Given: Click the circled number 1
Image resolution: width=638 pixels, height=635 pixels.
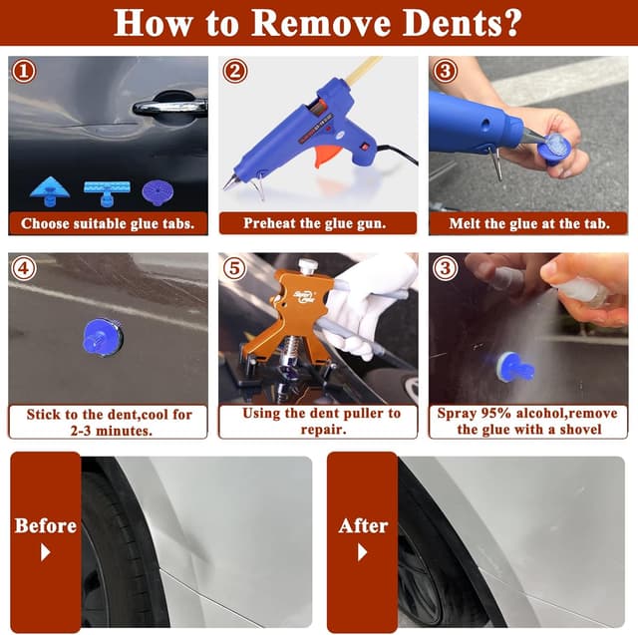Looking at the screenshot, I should point(24,72).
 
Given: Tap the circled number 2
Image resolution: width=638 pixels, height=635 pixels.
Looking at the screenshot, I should point(235,72).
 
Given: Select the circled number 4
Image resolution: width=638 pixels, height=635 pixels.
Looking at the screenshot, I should point(24,268).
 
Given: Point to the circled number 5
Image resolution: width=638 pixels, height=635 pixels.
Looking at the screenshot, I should point(235,268).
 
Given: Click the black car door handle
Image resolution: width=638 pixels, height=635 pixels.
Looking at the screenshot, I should point(168,106).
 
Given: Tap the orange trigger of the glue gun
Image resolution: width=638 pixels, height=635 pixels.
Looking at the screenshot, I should point(324,157).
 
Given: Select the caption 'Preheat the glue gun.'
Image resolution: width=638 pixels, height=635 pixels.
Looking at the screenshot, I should point(318,223).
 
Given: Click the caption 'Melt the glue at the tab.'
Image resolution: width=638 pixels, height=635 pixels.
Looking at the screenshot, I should point(528,223).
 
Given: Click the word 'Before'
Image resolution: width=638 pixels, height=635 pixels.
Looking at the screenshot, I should point(45,525).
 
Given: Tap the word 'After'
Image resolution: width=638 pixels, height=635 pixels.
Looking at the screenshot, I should point(362,525).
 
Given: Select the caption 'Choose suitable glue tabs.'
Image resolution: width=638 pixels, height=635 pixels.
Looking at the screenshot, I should point(108,223).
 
